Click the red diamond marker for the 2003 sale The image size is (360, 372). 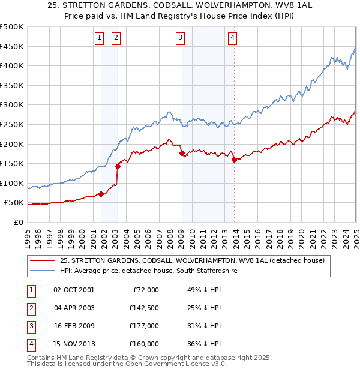(x=118, y=166)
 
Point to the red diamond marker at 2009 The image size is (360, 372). (x=182, y=153)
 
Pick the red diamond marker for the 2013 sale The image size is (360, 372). (x=234, y=160)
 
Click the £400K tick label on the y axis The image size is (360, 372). (x=12, y=66)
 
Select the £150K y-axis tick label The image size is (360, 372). (x=12, y=163)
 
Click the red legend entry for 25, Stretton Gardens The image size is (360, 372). (x=192, y=260)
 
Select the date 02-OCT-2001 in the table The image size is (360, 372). (x=74, y=290)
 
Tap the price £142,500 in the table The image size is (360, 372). (x=144, y=308)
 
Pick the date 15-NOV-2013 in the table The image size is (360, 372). (x=74, y=344)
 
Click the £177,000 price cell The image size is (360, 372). (x=144, y=326)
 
